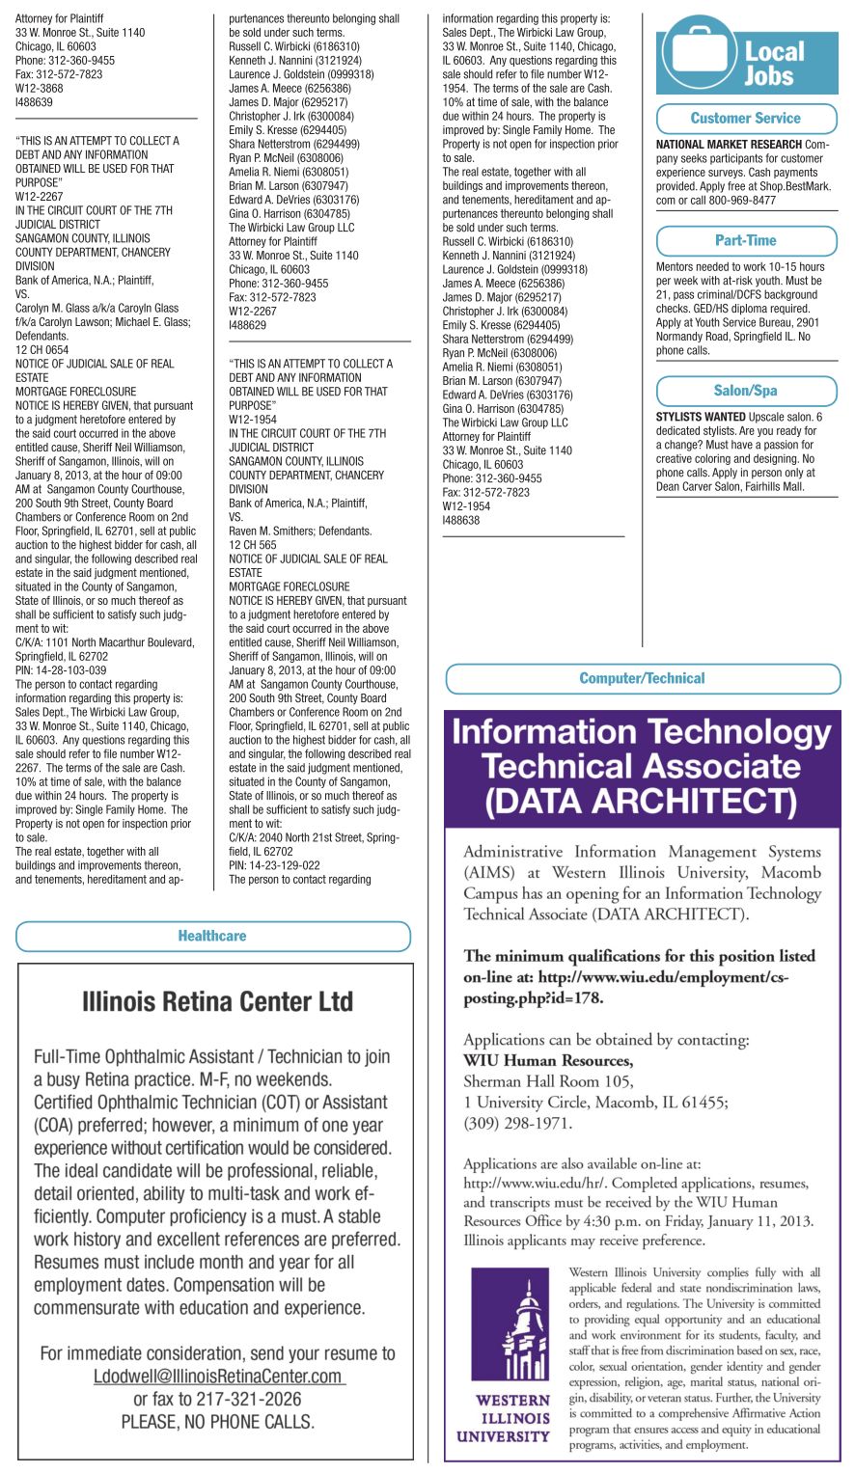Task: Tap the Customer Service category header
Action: [x=746, y=119]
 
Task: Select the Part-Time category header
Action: [x=746, y=240]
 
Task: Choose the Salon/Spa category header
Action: [x=746, y=391]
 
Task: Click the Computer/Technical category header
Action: [x=643, y=678]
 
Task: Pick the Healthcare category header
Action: [x=212, y=936]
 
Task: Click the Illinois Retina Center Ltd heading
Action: [x=218, y=1002]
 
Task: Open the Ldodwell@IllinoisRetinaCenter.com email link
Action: [x=218, y=1377]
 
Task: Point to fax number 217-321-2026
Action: [x=249, y=1399]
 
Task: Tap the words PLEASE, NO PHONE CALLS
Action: [x=218, y=1421]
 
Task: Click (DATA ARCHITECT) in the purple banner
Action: [x=642, y=801]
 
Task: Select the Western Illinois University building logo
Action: [x=510, y=1328]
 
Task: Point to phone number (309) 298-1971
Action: [x=518, y=1123]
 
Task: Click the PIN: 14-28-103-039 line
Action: [x=61, y=670]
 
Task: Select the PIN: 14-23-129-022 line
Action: [x=274, y=865]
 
